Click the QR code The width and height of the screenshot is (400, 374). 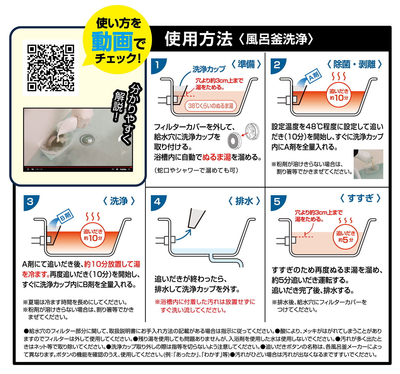[51, 68]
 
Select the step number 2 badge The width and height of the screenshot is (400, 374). [278, 66]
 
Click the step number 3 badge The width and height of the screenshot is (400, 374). [31, 203]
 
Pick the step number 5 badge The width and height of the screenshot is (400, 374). [278, 203]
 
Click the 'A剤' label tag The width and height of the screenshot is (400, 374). [314, 76]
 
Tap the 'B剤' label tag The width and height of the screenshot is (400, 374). [65, 216]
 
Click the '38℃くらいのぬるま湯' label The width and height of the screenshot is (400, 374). [211, 106]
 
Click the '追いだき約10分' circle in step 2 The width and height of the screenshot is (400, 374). [339, 95]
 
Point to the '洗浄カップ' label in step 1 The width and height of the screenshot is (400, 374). [209, 69]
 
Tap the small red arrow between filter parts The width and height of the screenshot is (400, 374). [245, 134]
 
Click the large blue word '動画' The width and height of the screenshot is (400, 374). [112, 42]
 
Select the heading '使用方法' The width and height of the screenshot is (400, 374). [198, 39]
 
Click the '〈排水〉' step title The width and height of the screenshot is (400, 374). [244, 201]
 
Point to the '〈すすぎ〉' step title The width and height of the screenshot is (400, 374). [360, 198]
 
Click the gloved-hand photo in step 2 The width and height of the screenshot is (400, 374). [368, 164]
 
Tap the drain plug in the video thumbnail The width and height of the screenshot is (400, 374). [87, 139]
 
